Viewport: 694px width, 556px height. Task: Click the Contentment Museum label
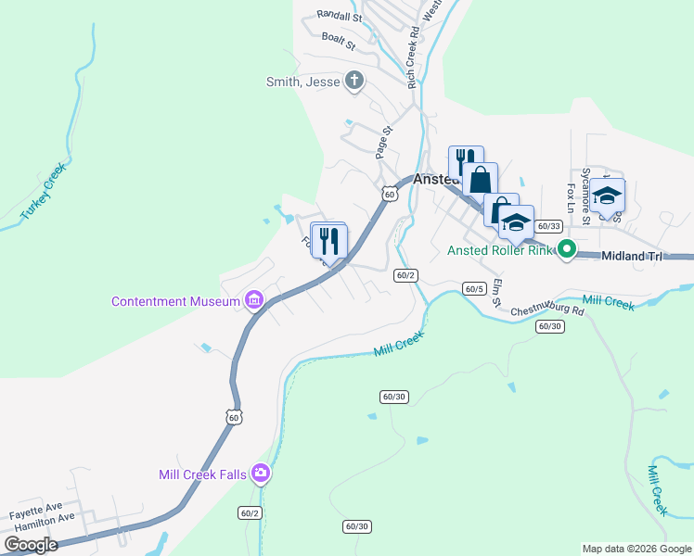coord(176,301)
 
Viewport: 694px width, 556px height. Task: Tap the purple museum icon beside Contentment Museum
coord(253,300)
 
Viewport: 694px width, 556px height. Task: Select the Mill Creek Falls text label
coord(202,474)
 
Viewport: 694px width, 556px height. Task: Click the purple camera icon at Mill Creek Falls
coord(261,474)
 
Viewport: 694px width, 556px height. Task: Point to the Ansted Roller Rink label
coord(500,250)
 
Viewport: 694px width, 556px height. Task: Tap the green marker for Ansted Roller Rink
coord(566,249)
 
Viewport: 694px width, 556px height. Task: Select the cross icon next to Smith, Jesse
coord(353,82)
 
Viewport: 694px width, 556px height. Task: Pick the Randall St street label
coord(339,16)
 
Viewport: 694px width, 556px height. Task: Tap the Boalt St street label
coord(339,40)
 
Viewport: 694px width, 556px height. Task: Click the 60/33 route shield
coord(550,226)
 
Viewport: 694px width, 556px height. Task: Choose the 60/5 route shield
coord(475,289)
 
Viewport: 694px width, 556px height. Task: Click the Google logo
coord(32,545)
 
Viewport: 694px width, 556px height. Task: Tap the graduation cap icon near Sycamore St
coord(608,196)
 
